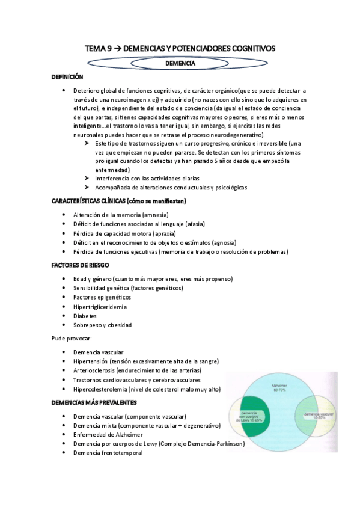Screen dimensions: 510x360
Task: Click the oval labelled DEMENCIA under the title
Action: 179,63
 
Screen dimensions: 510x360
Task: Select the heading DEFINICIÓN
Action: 67,77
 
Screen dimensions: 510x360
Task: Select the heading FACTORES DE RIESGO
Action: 79,265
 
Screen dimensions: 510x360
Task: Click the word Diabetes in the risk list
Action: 85,315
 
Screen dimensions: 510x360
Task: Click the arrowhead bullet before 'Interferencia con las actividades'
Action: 87,179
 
